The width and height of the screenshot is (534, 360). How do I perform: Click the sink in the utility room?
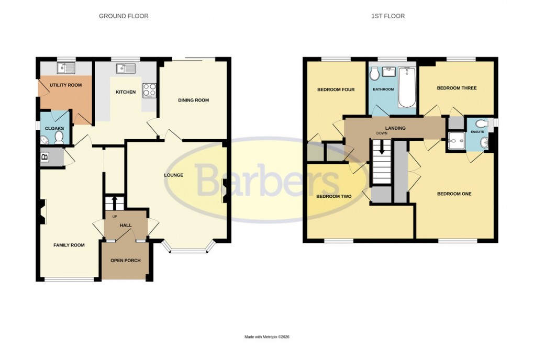point(66,67)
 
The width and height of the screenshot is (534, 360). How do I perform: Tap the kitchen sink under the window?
point(126,68)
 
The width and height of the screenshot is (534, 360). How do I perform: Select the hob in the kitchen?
point(149,90)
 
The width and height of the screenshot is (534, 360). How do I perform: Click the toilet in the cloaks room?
point(59,137)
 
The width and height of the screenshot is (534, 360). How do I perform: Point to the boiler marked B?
point(44,156)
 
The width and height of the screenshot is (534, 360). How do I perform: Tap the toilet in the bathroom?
point(374,74)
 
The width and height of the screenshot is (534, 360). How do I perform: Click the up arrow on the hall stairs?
point(114,201)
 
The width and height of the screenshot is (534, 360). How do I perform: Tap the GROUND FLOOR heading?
point(124,16)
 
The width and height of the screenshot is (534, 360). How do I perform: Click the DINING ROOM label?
point(193,100)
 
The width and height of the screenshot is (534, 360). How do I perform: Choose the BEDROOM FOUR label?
point(336,90)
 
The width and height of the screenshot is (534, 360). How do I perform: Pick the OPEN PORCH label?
point(125,261)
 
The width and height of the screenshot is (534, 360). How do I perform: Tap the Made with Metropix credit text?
point(267,337)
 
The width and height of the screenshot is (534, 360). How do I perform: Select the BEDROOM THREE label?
point(457,88)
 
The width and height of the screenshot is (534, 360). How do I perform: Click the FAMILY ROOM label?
point(69,245)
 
